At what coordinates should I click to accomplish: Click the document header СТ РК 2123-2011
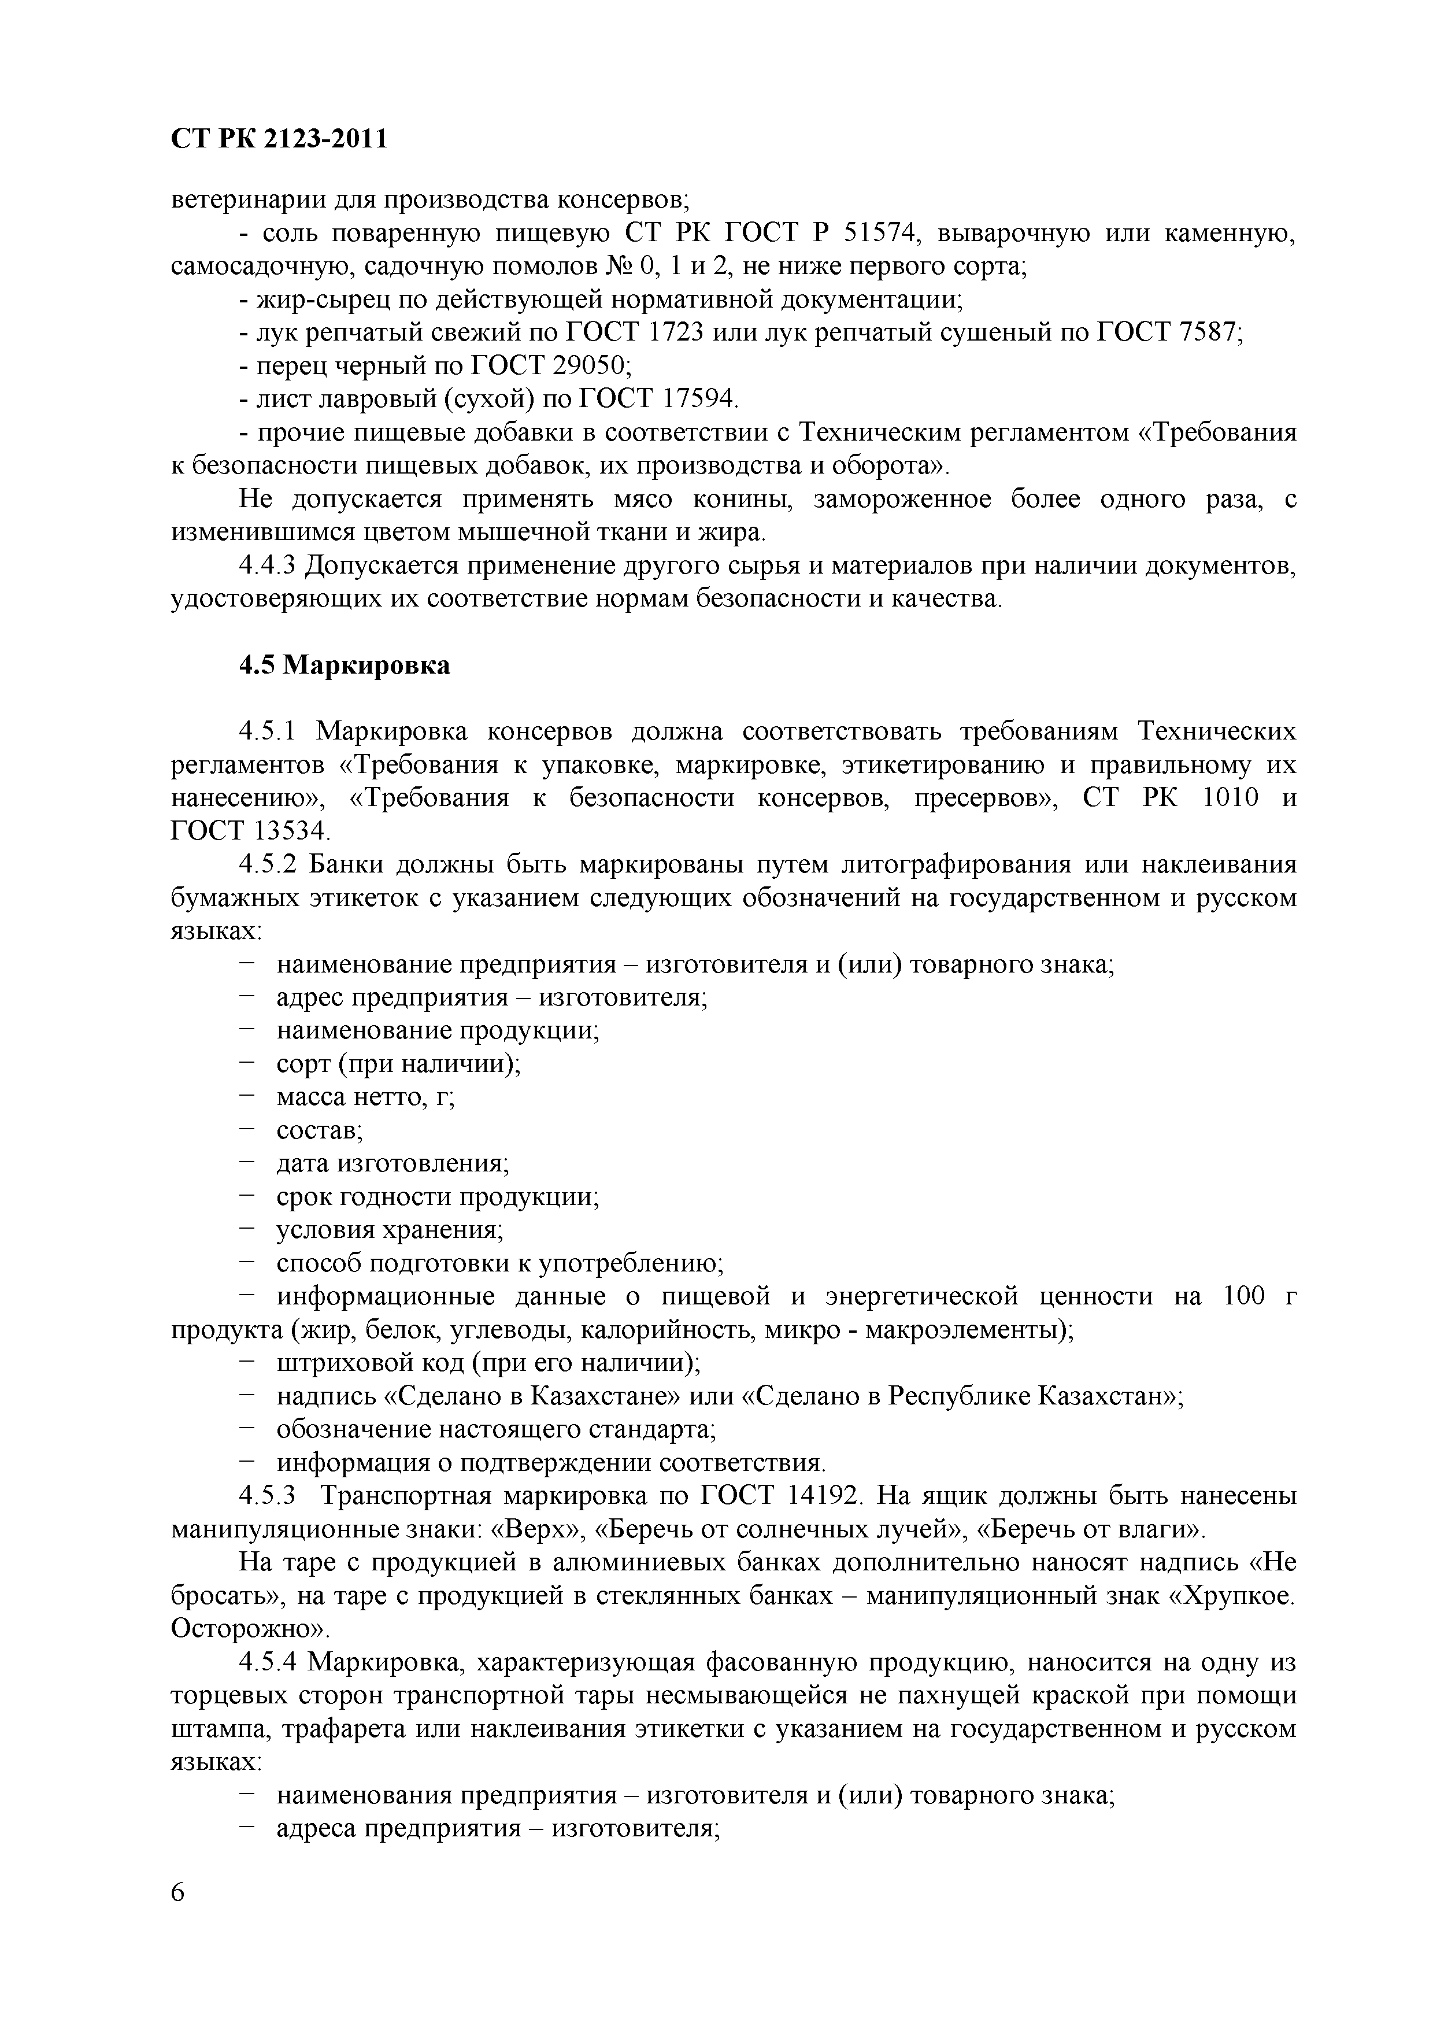(x=279, y=139)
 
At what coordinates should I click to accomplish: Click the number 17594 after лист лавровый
(x=694, y=399)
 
